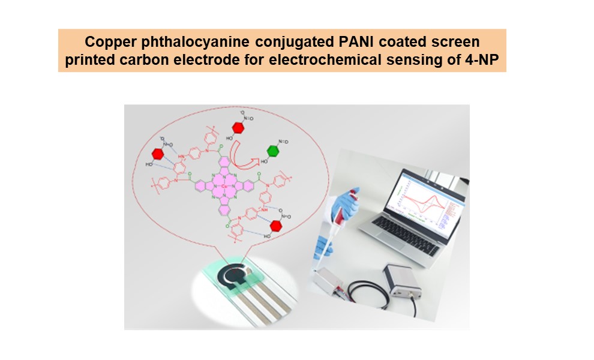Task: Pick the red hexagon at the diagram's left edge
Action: coord(158,154)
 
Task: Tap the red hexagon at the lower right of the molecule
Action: coord(276,226)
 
